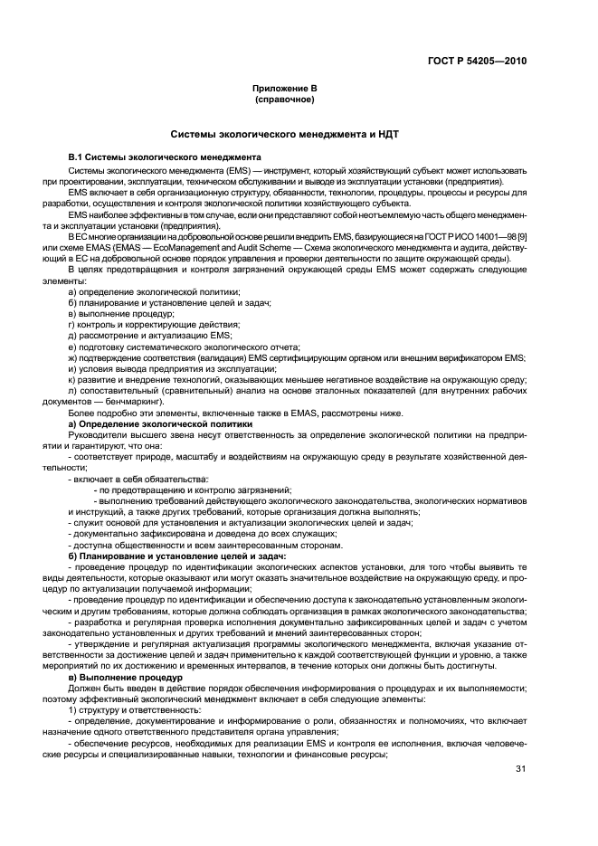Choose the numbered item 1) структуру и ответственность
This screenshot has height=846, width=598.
click(x=134, y=710)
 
